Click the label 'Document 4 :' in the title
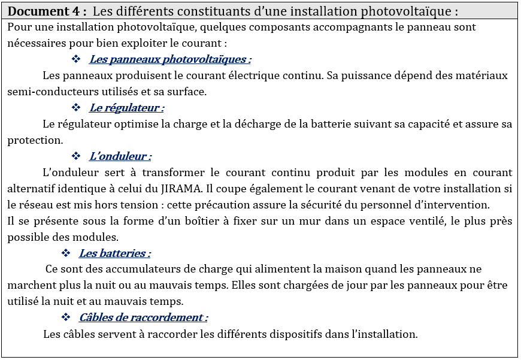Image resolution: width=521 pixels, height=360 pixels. pos(48,11)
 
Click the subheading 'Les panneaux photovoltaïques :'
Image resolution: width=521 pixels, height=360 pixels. pos(170,59)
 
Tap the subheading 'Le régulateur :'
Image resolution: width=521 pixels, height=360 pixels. pos(126,108)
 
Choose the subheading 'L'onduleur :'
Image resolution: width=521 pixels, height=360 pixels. pos(120,156)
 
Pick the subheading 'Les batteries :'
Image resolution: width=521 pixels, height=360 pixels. pos(114,253)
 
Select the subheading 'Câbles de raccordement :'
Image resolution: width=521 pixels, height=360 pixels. pos(143,317)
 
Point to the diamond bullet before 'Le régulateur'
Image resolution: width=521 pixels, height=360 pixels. pos(76,108)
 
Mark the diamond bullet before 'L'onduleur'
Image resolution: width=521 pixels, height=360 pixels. pos(76,156)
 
